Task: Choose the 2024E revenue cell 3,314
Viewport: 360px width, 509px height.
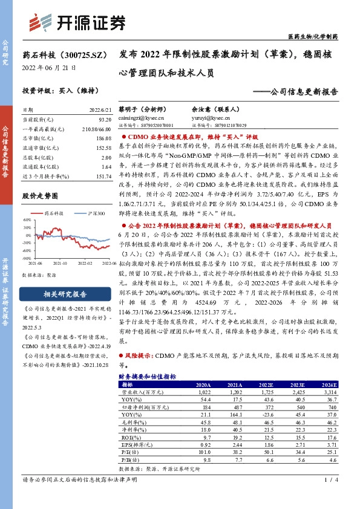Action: coord(321,392)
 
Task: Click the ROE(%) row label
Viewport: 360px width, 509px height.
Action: coord(132,437)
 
